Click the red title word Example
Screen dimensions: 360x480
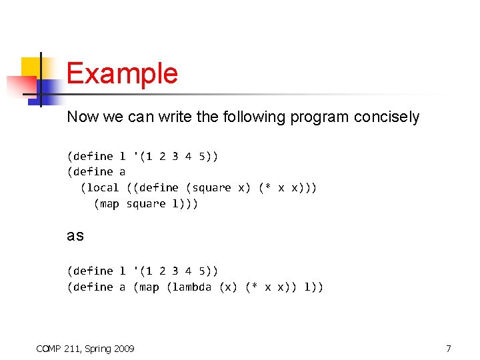[x=122, y=73]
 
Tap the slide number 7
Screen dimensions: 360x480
[x=449, y=348]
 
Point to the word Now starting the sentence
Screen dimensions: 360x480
[x=81, y=117]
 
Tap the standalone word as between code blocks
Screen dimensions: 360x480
[x=75, y=236]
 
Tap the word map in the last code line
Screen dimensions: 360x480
[x=149, y=287]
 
